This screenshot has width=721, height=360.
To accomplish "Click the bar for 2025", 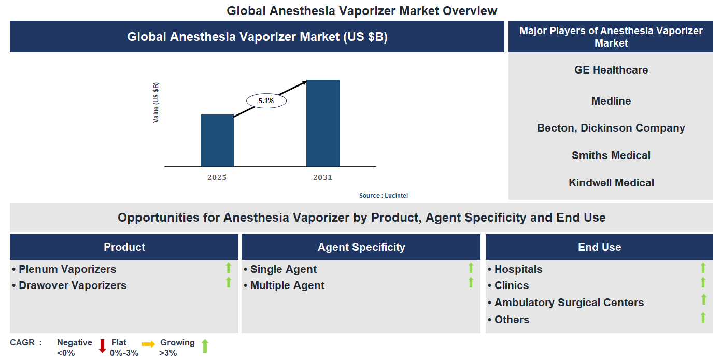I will (x=217, y=140).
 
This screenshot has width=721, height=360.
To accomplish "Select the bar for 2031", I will (x=322, y=123).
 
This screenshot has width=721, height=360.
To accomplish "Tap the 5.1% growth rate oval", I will (x=266, y=101).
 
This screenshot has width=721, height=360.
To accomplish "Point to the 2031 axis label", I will (x=322, y=177).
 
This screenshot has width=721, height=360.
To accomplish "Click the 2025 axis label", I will (x=217, y=177).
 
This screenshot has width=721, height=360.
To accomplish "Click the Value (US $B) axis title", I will (x=156, y=103).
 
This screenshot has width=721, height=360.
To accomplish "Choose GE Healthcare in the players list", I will (x=611, y=70).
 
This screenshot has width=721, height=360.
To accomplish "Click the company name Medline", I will (x=611, y=101).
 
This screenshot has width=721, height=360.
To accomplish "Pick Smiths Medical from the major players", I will (x=611, y=155).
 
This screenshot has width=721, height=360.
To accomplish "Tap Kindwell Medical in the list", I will (x=611, y=183).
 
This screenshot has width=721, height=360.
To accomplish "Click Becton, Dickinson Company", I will (x=611, y=128).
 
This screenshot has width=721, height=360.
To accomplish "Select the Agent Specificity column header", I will (x=361, y=247).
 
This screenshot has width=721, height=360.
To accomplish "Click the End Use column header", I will (x=599, y=248).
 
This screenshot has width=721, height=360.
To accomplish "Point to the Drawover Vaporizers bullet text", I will (x=73, y=285).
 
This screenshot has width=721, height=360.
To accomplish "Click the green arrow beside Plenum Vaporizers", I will (x=228, y=268).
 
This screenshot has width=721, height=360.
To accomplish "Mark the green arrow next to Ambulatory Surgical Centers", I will (x=703, y=299).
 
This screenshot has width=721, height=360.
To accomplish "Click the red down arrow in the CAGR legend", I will (x=102, y=345).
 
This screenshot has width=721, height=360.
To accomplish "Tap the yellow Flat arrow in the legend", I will (x=148, y=344).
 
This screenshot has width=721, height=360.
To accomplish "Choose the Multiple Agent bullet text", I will (x=287, y=285).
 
